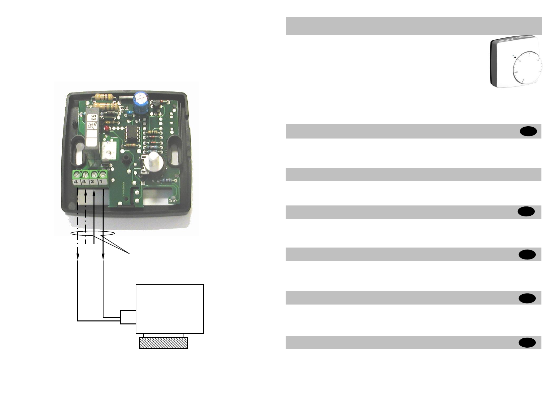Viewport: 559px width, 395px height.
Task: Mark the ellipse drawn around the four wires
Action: tap(93, 234)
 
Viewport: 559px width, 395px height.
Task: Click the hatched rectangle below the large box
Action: tap(163, 343)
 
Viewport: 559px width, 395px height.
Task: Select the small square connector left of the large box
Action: tap(128, 317)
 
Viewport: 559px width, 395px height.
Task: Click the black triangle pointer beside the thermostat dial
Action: tap(515, 57)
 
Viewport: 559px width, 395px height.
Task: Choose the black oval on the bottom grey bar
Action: tap(527, 343)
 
